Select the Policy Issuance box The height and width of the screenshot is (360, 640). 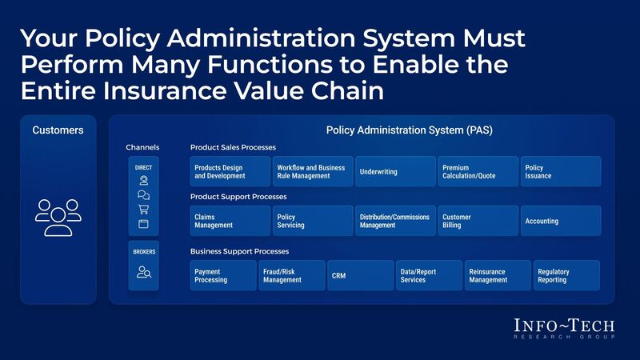pos(560,172)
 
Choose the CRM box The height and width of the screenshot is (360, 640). pos(360,275)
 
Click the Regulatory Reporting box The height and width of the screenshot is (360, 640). pos(567,275)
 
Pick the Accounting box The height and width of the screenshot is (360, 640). pos(560,221)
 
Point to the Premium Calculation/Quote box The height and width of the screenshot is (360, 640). pos(478,172)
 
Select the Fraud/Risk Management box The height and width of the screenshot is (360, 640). pos(292,275)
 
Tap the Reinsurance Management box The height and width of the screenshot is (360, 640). pos(498,275)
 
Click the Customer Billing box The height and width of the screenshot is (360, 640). pos(478,221)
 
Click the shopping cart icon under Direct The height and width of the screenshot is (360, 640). pos(143,210)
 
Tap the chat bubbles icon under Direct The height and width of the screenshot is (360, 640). pos(143,195)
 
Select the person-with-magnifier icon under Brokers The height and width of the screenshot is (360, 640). pos(143,272)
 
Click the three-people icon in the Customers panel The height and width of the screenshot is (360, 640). pos(58,217)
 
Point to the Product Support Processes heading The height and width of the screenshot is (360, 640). pos(238,197)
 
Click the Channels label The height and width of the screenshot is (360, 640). pos(142,148)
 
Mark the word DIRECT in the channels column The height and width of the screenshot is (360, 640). pos(143,168)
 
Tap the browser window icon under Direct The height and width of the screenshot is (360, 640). pos(143,224)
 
